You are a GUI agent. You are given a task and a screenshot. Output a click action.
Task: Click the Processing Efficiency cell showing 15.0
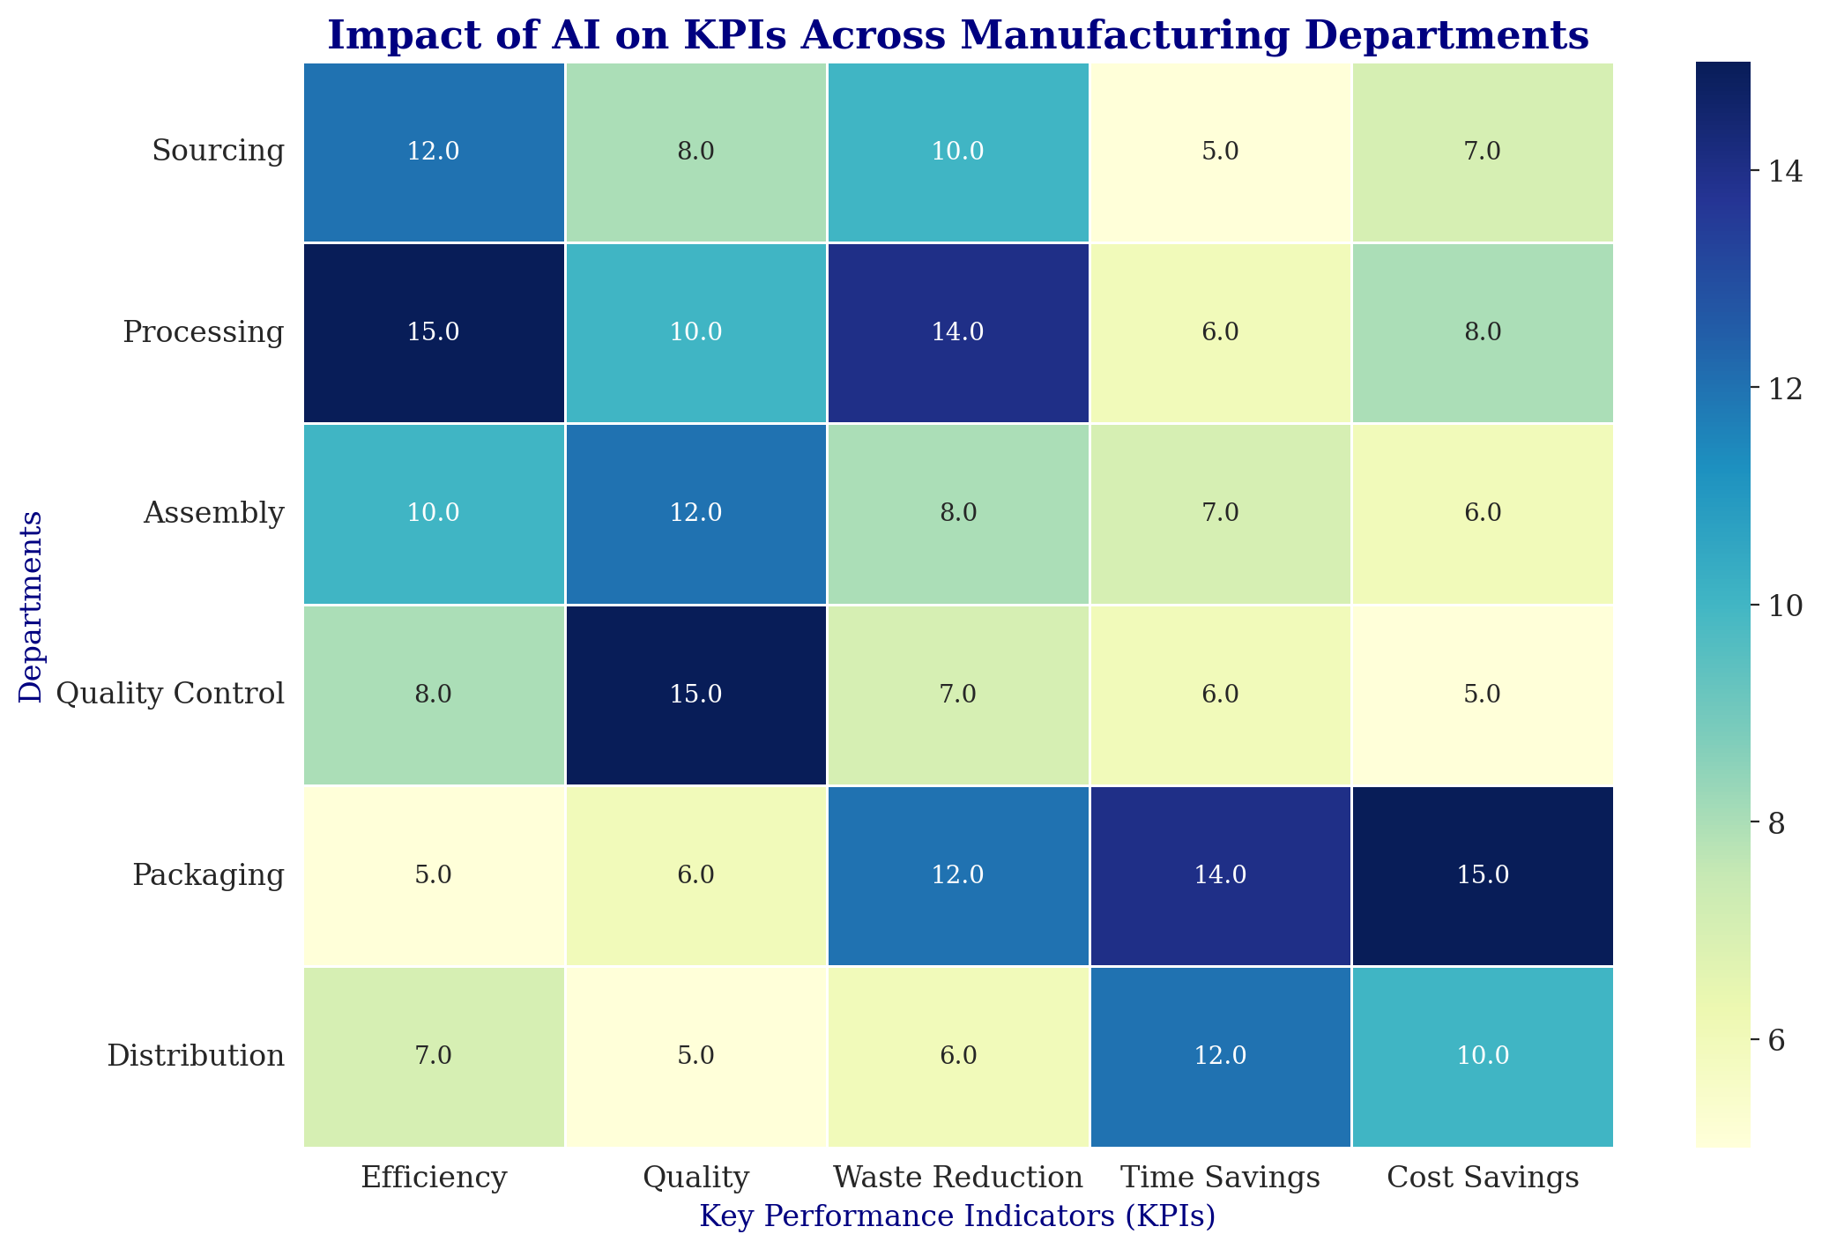(434, 332)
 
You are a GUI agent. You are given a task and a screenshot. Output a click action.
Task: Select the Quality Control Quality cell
(695, 695)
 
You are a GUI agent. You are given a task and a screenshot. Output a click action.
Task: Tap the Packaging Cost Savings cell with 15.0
(1483, 875)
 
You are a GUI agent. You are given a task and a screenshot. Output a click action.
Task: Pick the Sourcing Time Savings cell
(1221, 152)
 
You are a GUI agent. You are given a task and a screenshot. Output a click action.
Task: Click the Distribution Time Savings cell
(1221, 1056)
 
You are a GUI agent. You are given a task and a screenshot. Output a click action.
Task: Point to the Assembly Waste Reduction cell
(958, 513)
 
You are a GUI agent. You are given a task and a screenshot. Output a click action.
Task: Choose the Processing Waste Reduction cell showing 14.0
(958, 332)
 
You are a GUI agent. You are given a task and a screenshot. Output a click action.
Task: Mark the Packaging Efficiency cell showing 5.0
(434, 875)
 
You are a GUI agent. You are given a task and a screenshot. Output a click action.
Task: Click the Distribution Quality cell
(695, 1056)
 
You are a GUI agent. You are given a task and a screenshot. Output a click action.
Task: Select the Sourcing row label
(218, 152)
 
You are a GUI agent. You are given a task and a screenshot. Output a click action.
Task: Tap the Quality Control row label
(169, 695)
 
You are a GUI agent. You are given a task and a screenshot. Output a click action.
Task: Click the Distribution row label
(196, 1056)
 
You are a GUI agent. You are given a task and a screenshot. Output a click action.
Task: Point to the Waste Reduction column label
(958, 1178)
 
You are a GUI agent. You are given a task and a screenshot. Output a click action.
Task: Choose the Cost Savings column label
(1483, 1178)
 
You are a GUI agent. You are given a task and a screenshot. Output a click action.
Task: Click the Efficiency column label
(434, 1178)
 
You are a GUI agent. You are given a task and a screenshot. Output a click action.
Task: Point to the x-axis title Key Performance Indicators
(957, 1217)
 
